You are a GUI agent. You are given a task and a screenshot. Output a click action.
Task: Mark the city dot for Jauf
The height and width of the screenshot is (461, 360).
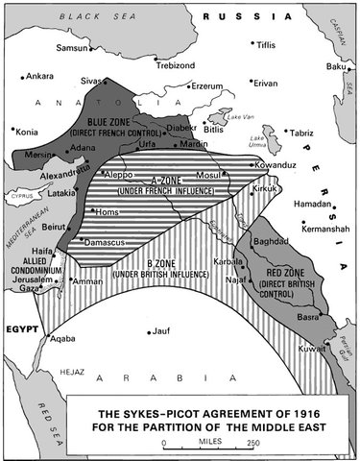[150, 333]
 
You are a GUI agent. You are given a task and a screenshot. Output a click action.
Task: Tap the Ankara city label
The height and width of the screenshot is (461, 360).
[39, 75]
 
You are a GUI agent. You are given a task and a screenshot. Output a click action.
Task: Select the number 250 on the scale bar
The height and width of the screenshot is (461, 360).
[252, 442]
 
